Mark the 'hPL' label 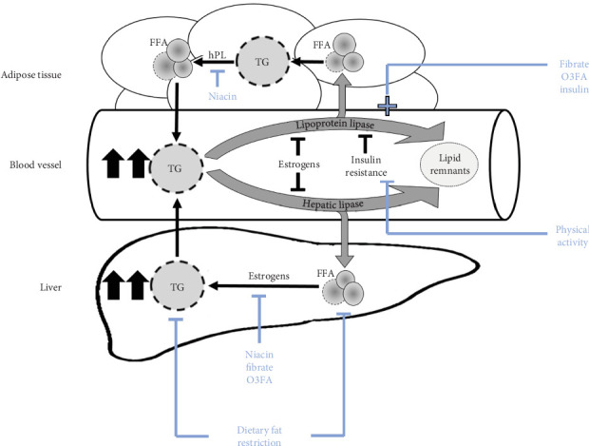pyautogui.click(x=217, y=56)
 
